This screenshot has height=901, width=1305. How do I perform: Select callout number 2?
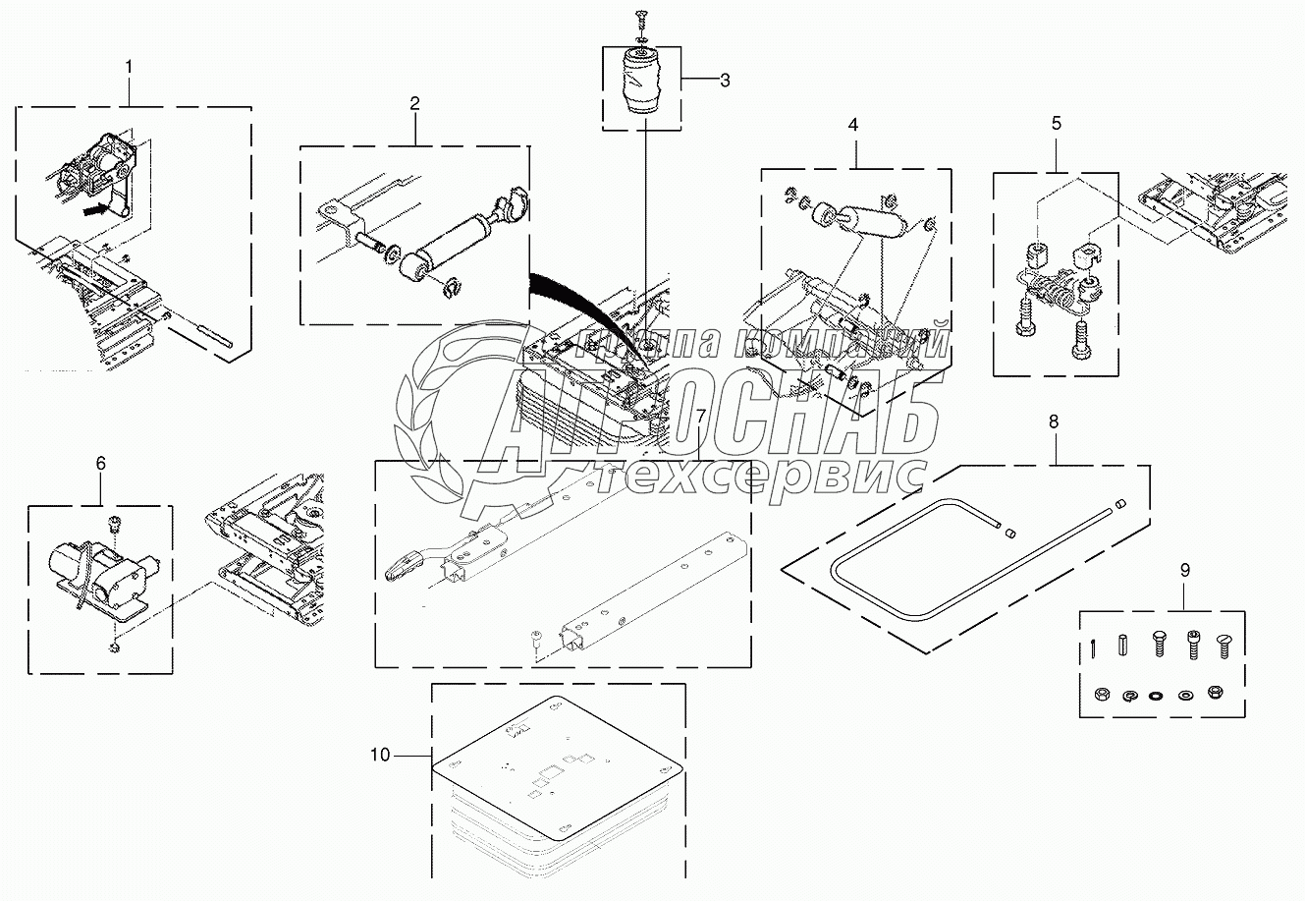click(415, 103)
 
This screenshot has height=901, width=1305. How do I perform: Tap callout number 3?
click(725, 81)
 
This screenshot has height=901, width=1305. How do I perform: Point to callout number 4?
click(853, 125)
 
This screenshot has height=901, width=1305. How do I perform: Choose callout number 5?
click(1056, 123)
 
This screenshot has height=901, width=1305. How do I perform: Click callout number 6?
click(100, 463)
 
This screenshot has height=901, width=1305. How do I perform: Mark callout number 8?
click(1054, 422)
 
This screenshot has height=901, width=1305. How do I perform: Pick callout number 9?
click(1184, 569)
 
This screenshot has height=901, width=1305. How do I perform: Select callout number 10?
click(381, 755)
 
